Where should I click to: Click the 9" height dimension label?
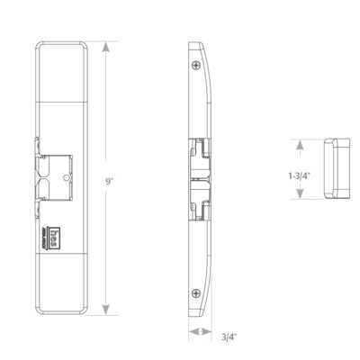coord(109,181)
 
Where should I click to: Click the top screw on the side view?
coord(197,65)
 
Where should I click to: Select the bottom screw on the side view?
coord(197,292)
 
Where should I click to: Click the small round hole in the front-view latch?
coord(67,177)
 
